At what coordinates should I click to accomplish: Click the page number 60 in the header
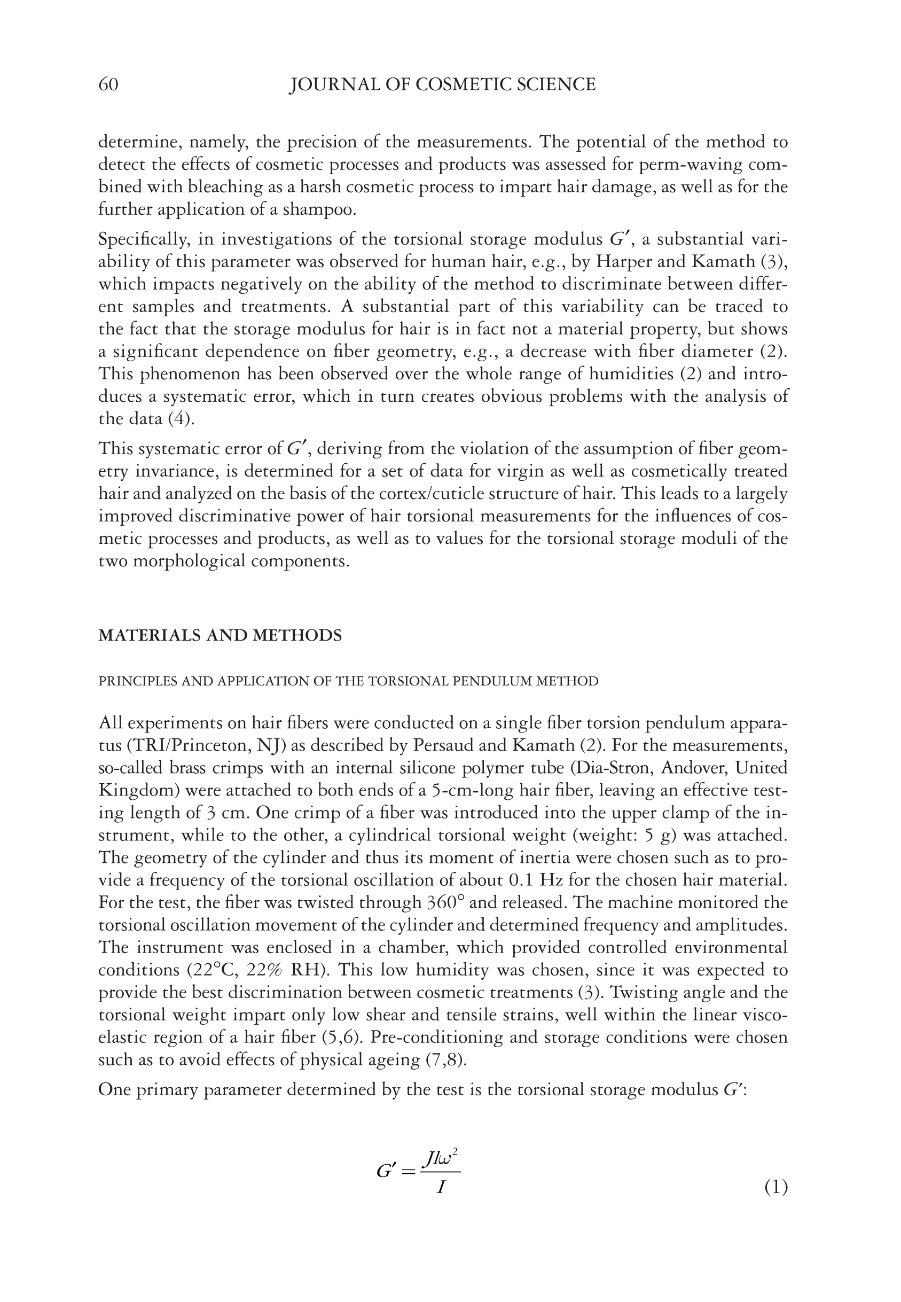click(108, 85)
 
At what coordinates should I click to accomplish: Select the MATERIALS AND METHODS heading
click(220, 636)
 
